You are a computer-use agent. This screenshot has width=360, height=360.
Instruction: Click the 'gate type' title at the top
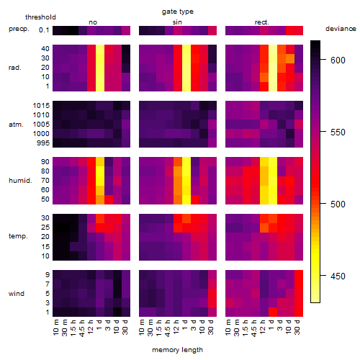click(x=178, y=12)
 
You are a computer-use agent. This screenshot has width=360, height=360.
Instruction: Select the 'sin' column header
click(x=177, y=22)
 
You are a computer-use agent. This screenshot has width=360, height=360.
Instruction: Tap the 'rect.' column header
click(x=262, y=22)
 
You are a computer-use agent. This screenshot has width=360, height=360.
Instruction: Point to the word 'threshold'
click(x=40, y=17)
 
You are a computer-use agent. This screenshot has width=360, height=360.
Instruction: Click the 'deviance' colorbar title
click(x=341, y=29)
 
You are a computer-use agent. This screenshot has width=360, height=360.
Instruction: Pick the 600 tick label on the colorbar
click(x=338, y=60)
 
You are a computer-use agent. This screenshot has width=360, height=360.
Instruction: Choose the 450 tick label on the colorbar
click(x=338, y=276)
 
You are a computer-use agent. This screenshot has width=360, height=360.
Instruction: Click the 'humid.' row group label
click(x=20, y=181)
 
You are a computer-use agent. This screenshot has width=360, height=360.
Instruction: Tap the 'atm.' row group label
click(x=16, y=125)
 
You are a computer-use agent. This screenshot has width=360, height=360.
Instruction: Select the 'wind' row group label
click(x=17, y=294)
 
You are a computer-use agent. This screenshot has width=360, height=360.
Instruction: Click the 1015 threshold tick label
click(x=41, y=106)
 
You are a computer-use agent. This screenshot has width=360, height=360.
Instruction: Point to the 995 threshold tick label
click(x=43, y=143)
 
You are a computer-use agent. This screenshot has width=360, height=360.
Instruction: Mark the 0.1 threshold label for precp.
click(x=44, y=30)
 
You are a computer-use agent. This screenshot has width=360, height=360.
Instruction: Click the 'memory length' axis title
click(x=178, y=350)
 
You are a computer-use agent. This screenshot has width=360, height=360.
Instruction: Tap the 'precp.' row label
click(x=19, y=29)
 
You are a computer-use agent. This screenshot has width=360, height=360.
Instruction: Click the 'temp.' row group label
click(x=18, y=236)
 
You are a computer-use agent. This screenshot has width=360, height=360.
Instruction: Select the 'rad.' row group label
click(x=15, y=68)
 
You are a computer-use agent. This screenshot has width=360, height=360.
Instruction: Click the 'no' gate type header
click(x=93, y=22)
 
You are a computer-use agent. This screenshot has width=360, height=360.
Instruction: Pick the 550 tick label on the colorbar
click(x=338, y=132)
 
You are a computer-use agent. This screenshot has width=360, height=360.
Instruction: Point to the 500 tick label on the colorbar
click(x=338, y=204)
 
